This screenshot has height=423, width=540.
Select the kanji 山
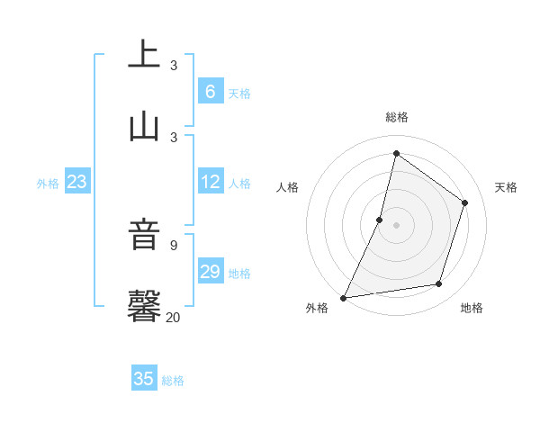click(x=144, y=127)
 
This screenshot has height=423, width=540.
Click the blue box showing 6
click(x=210, y=91)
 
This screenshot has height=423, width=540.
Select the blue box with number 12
click(x=210, y=182)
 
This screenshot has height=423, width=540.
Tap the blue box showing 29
click(x=210, y=271)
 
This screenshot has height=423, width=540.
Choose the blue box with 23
click(x=77, y=182)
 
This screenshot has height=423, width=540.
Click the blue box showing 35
click(x=144, y=379)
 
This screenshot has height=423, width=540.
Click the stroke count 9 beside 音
click(x=174, y=246)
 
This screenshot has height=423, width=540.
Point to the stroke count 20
click(x=174, y=317)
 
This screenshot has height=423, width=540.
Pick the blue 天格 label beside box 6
click(x=239, y=93)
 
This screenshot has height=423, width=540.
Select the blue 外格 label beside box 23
click(x=48, y=183)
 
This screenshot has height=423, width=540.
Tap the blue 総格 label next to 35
click(x=173, y=381)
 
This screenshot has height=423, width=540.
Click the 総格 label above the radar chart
click(x=396, y=117)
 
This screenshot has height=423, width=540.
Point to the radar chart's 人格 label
click(x=287, y=187)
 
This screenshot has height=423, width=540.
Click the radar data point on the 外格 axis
click(x=343, y=297)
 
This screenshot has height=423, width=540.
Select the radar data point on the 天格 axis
click(x=465, y=202)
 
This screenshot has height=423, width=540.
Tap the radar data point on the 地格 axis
click(x=439, y=284)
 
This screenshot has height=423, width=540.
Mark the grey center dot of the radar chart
click(x=396, y=224)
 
